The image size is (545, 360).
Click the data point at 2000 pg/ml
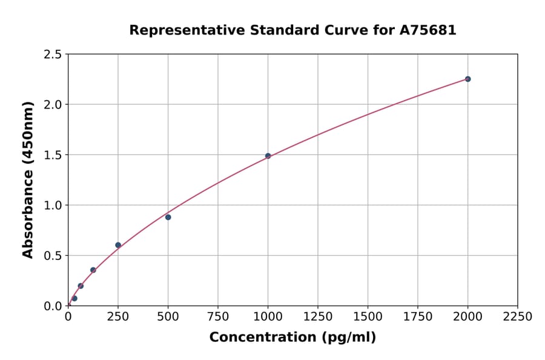point(467,79)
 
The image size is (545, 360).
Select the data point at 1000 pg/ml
point(268,156)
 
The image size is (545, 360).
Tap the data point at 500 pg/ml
point(168,217)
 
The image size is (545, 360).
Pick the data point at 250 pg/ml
point(118,245)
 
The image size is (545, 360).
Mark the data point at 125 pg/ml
point(93,270)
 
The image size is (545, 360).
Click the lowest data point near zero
point(74,298)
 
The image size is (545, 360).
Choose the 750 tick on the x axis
point(218,316)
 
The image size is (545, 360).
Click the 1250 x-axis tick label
point(317,316)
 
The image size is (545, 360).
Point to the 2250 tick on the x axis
point(517,316)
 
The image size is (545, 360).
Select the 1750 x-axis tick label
point(417,316)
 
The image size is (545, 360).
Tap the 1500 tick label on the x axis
point(368,316)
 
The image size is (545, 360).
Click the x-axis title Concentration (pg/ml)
point(292,338)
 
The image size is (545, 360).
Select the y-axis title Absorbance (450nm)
point(28,179)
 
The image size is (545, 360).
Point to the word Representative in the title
point(179,30)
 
